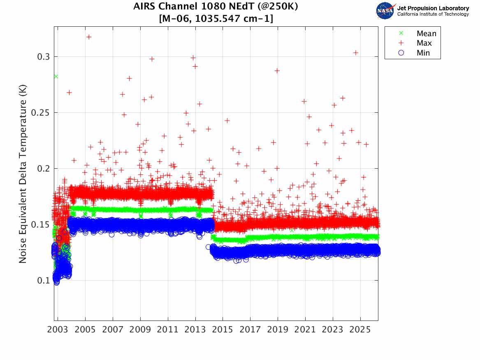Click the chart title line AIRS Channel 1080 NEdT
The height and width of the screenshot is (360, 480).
pyautogui.click(x=216, y=7)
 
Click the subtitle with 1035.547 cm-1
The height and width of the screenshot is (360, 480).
pyautogui.click(x=216, y=19)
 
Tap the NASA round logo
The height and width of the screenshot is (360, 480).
pyautogui.click(x=385, y=11)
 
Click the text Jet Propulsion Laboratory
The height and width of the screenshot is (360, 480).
pyautogui.click(x=433, y=8)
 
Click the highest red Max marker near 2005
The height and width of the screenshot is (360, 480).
pyautogui.click(x=89, y=37)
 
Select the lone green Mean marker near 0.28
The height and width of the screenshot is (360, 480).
pyautogui.click(x=56, y=76)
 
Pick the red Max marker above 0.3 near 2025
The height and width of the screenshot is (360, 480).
pyautogui.click(x=356, y=53)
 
